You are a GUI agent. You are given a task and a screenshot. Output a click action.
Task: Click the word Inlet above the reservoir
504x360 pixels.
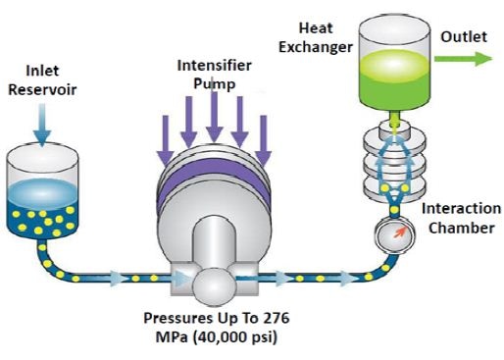42,71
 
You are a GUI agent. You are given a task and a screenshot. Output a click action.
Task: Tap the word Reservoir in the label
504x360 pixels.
42,89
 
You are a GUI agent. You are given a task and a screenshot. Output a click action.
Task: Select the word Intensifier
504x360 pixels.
214,66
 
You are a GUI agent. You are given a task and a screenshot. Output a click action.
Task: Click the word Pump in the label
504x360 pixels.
214,84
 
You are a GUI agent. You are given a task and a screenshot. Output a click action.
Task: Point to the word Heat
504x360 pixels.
316,28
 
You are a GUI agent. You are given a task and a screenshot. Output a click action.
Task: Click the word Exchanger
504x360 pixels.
316,47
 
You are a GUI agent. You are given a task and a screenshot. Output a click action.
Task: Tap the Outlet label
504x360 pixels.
464,36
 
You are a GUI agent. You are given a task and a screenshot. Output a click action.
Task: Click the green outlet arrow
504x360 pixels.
463,59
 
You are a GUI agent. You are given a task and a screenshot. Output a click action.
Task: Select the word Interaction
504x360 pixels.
461,209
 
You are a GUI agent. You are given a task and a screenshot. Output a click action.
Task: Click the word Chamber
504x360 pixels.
461,228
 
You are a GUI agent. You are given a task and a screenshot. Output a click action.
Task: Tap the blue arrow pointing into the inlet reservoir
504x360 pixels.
42,125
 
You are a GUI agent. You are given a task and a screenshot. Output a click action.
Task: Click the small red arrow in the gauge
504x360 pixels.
400,232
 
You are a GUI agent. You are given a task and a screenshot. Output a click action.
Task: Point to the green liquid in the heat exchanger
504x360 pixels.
394,78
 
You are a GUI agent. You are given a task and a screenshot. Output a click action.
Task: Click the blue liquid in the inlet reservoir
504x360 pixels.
42,209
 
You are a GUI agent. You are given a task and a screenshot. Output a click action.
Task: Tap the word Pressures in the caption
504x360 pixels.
176,318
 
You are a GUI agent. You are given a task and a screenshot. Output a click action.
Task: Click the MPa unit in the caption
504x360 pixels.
172,337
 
